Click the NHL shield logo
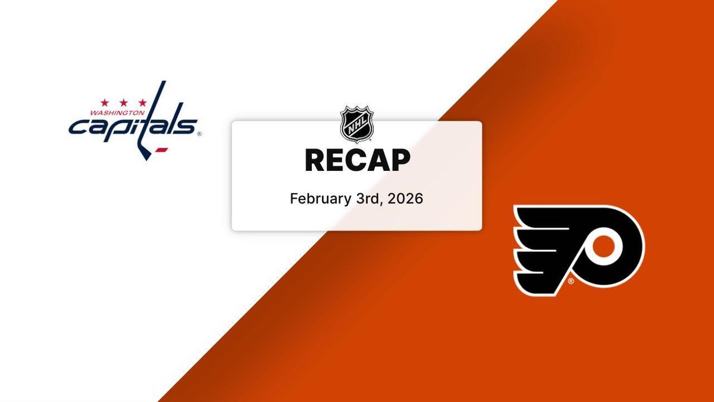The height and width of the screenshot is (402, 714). pos(356,124)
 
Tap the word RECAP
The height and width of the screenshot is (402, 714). pos(358,160)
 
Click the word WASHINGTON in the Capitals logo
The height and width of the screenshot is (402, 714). pos(117,113)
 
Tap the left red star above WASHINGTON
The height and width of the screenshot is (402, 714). pos(105,102)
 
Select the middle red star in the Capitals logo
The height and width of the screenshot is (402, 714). pos(123,102)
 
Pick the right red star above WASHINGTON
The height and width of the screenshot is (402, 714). pos(142,102)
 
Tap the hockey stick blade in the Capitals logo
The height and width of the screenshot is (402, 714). pos(145,153)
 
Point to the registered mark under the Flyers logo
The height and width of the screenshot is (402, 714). pos(571,281)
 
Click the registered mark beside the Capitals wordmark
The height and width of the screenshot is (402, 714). pos(199,135)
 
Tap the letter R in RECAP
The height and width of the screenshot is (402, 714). pos(315,160)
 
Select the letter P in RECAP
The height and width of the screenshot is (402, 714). pos(400,160)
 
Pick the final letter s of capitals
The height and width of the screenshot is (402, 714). pos(186,126)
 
